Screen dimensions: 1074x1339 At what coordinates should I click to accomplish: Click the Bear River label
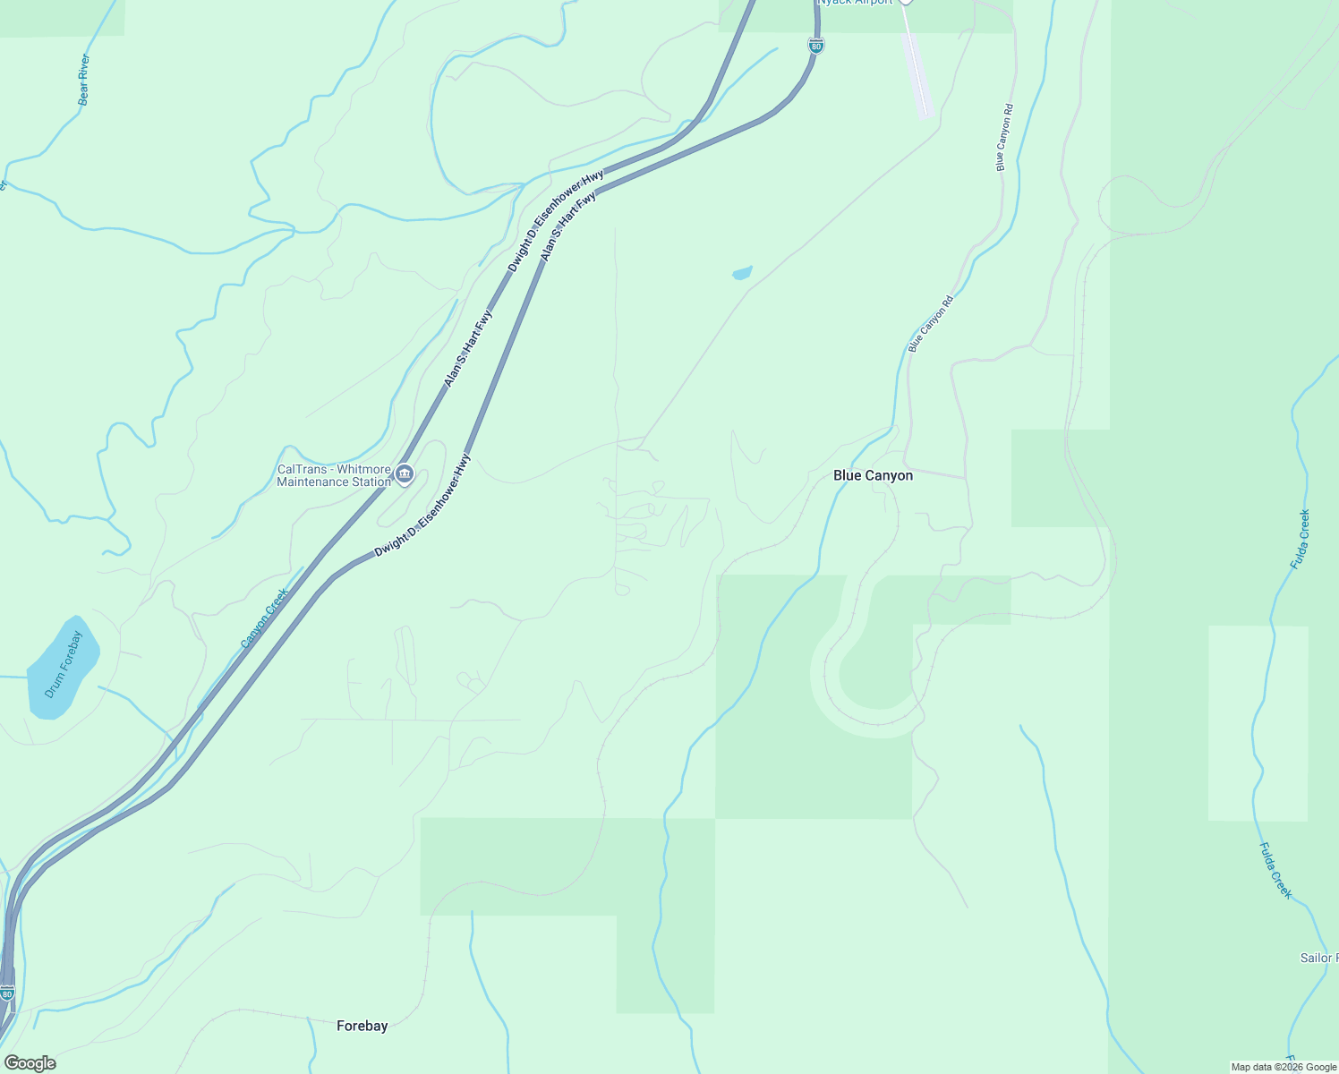tap(84, 80)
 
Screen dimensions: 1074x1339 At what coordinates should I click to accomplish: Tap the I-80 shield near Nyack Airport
tap(815, 45)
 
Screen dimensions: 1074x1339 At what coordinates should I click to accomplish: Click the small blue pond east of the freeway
tap(742, 273)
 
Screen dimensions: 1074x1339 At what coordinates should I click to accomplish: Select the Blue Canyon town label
tap(873, 475)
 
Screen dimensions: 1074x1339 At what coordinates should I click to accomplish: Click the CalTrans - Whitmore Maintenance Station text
tap(334, 475)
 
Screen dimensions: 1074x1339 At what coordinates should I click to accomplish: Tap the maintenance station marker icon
tap(405, 473)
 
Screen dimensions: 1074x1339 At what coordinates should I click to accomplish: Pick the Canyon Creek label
tap(265, 618)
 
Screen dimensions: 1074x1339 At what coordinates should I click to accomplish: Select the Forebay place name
tap(362, 1026)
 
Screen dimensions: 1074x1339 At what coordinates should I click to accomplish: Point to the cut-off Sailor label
tap(1318, 958)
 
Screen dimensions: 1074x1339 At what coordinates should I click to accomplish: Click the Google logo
tap(30, 1063)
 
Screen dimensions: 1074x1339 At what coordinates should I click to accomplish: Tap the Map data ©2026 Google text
tap(1284, 1067)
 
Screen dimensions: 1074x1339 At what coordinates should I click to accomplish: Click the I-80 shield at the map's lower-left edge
tap(7, 993)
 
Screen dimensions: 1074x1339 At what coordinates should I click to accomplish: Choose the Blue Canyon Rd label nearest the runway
tap(1004, 138)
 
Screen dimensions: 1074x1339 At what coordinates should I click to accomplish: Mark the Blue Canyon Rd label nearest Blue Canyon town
tap(931, 323)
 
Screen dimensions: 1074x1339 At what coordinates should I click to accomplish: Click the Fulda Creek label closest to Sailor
tap(1275, 871)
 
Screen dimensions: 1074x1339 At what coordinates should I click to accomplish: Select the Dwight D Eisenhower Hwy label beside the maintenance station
tap(422, 506)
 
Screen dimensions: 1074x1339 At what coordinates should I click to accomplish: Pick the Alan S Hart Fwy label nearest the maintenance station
tap(468, 348)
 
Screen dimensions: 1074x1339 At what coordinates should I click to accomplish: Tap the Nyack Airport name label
tap(855, 3)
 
